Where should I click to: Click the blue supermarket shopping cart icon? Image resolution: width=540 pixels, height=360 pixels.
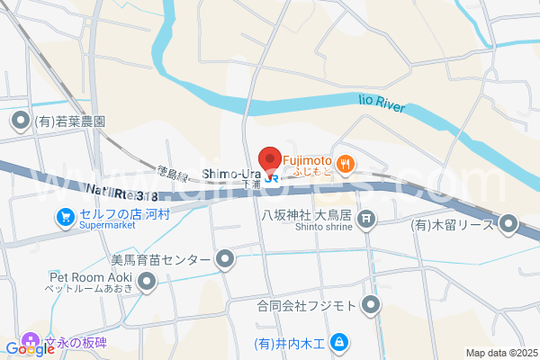click(x=65, y=217)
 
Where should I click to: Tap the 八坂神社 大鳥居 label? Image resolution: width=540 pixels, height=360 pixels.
click(x=305, y=216)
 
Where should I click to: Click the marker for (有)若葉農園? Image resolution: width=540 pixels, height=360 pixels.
click(x=20, y=121)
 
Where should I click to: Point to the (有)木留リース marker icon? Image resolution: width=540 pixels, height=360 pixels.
click(x=509, y=223)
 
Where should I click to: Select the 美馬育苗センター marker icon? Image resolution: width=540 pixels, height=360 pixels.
click(x=225, y=261)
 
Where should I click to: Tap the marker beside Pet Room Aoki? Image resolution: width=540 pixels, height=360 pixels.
click(x=146, y=284)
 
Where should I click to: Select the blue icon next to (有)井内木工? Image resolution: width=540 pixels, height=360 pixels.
click(x=339, y=342)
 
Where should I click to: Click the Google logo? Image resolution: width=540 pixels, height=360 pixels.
click(x=30, y=348)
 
